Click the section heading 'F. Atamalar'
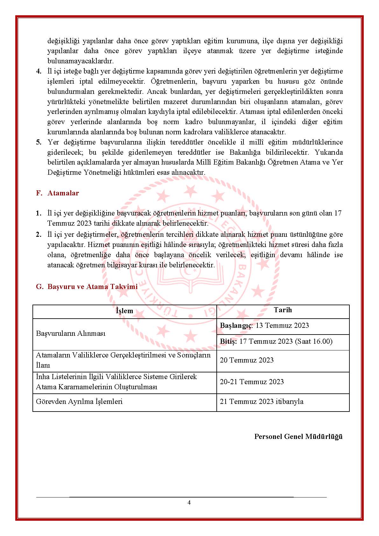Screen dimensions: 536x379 point(58,193)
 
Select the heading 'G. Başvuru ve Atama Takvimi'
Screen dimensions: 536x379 point(87,286)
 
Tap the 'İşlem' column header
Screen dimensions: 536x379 point(124,311)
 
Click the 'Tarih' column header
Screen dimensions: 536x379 point(283,310)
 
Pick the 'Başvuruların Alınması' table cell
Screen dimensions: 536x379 point(71,334)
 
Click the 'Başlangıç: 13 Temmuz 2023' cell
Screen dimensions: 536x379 point(264,326)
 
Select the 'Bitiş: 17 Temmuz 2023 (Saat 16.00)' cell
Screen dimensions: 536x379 point(276,342)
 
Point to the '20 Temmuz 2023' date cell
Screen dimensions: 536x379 point(247,360)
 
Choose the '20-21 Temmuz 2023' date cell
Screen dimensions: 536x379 point(252,382)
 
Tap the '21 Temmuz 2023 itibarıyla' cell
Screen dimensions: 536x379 point(262,402)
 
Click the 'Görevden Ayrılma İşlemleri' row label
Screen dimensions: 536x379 point(79,402)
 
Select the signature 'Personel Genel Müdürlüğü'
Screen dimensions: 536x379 point(298,437)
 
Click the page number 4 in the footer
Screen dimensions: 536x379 point(189,503)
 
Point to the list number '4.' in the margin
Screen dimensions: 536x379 point(39,71)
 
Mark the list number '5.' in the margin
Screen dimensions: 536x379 point(39,142)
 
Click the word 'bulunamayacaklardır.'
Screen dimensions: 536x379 point(81,61)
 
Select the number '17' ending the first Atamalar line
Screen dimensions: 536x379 point(338,213)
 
